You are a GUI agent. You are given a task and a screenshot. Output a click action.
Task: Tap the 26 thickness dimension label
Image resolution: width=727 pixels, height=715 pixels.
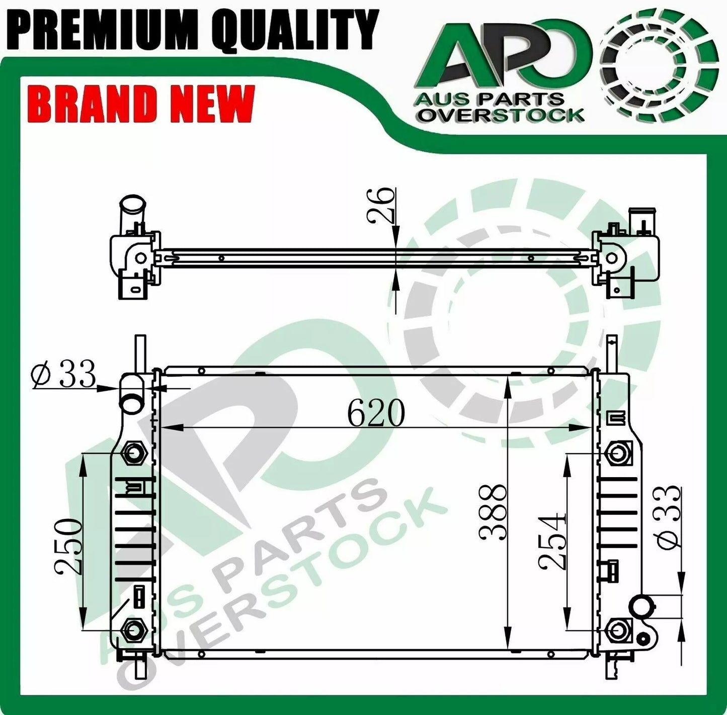pyautogui.click(x=380, y=206)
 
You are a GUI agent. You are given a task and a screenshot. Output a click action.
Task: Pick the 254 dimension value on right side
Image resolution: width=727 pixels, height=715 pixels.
pyautogui.click(x=552, y=542)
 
